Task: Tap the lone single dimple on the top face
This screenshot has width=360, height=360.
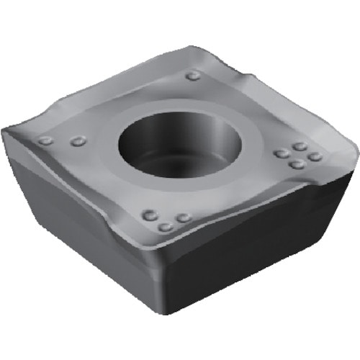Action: tap(192, 75)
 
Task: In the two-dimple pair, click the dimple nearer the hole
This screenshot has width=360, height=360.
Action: tap(78, 141)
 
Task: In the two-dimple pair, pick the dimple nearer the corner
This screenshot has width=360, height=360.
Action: tap(45, 140)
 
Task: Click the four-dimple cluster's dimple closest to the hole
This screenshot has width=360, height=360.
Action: tap(281, 153)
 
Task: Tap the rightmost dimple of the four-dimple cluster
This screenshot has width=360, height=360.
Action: tap(315, 156)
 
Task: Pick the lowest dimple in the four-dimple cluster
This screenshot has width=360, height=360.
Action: tap(296, 164)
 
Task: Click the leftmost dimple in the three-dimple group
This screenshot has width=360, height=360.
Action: tap(150, 215)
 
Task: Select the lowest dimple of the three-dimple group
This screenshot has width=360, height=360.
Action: tap(166, 227)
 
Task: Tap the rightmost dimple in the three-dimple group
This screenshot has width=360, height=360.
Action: tap(184, 217)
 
